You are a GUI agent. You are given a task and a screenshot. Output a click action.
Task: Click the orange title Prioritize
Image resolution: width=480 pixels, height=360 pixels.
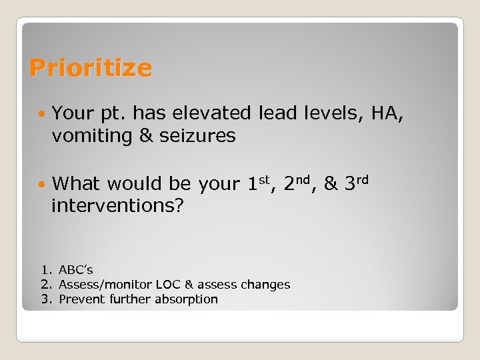91,68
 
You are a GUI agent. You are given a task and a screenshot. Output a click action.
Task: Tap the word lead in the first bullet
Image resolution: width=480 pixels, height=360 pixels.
279,114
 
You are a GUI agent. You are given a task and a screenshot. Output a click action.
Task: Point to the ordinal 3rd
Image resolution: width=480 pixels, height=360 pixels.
356,182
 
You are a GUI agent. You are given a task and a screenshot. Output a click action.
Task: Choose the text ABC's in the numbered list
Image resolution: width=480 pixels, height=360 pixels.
76,270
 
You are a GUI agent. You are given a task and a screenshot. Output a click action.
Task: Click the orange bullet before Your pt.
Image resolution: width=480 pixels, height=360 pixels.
43,114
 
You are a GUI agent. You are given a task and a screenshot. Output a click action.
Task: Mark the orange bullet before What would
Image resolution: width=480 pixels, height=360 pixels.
43,183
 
